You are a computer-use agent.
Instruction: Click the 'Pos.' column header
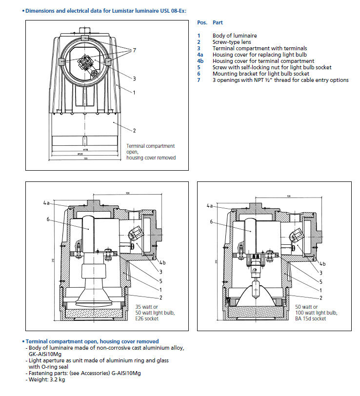coord(202,22)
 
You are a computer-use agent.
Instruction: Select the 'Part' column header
coord(218,22)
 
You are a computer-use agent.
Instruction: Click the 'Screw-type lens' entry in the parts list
coord(232,42)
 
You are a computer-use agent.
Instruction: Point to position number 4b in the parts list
coord(200,61)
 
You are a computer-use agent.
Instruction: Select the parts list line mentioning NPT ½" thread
coord(280,80)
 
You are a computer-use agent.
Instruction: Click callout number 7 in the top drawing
coord(134,50)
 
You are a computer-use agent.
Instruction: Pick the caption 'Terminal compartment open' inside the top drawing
coord(150,146)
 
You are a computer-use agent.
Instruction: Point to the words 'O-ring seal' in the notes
coord(59,366)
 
